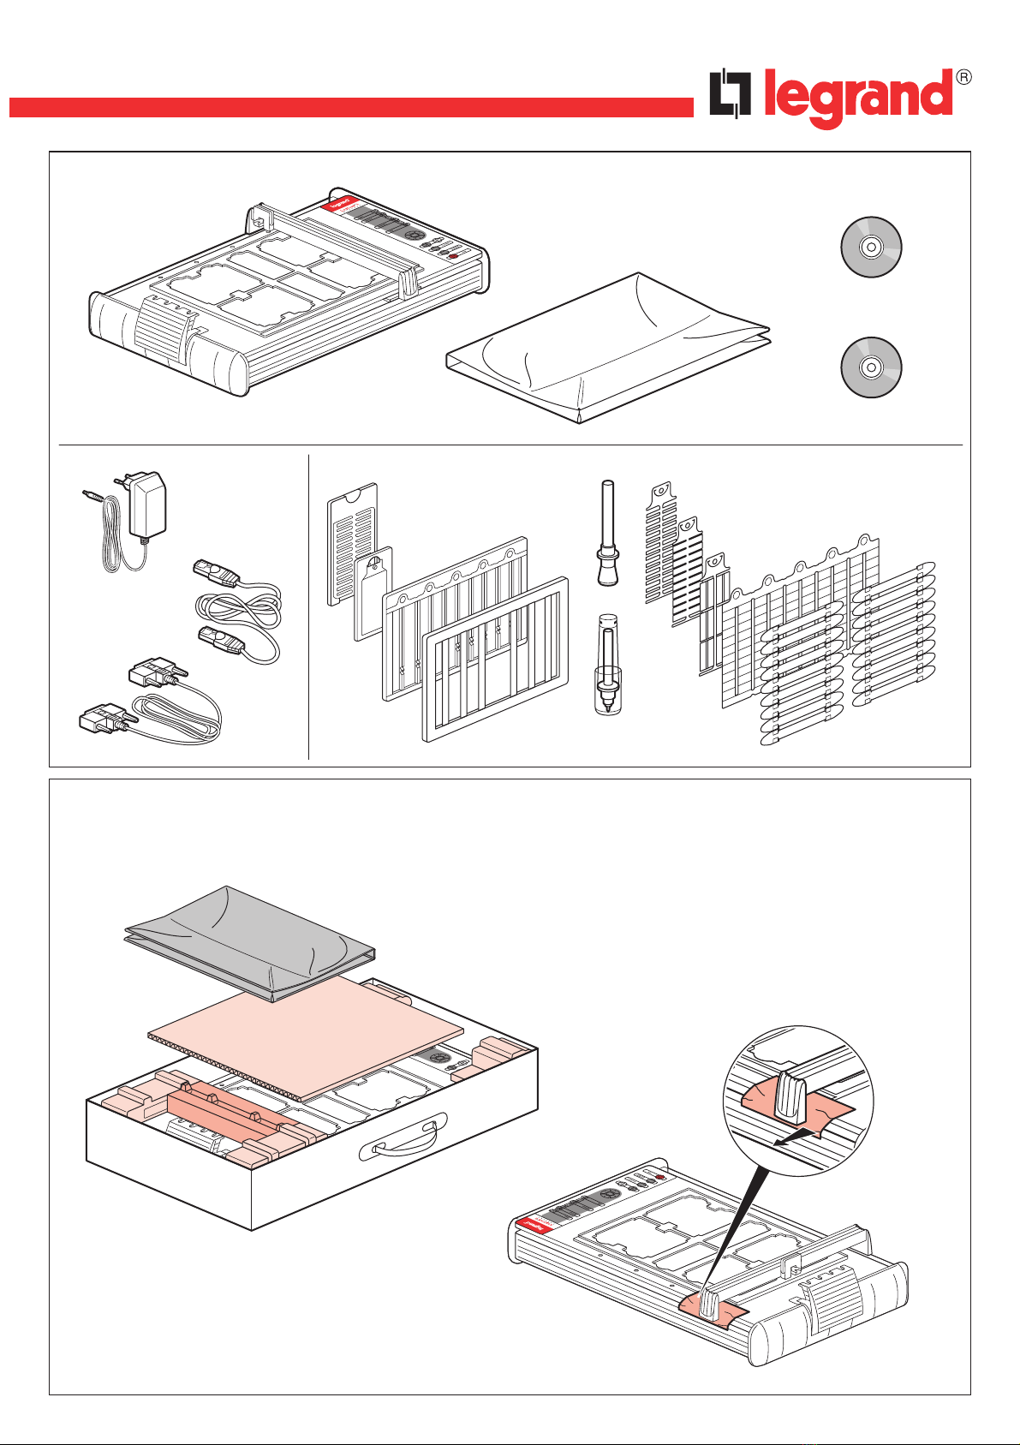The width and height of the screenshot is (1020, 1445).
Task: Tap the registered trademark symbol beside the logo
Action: [963, 77]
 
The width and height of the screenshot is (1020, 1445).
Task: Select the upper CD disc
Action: [869, 248]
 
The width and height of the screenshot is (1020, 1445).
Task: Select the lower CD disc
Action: [869, 368]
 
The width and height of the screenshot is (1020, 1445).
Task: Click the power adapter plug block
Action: [146, 505]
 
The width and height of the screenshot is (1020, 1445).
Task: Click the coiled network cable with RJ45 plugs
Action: [238, 610]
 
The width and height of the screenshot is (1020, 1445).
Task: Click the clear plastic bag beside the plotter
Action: [608, 347]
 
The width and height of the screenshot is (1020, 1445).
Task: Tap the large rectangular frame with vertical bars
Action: [497, 660]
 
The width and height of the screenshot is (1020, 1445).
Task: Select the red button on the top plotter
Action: [453, 255]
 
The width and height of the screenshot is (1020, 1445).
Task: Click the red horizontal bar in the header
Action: [351, 107]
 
